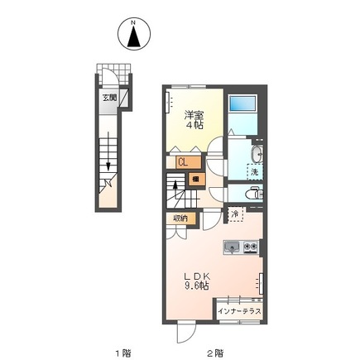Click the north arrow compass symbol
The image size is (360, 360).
[x=134, y=34]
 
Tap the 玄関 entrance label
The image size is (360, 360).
[x=109, y=98]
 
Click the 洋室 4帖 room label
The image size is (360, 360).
[x=194, y=120]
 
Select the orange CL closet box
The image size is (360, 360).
[x=189, y=162]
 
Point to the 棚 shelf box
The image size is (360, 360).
[x=197, y=179]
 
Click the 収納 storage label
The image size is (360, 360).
[x=180, y=218]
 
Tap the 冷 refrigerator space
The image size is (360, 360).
[x=235, y=214]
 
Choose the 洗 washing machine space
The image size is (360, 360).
[x=255, y=172]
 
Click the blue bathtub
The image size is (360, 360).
[x=242, y=103]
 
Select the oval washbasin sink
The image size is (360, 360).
[x=257, y=154]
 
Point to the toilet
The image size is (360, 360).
[x=254, y=194]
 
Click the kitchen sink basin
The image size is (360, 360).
[x=233, y=247]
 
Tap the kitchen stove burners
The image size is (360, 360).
[x=251, y=247]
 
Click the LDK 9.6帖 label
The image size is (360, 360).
[x=197, y=281]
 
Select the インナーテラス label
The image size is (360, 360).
[x=239, y=311]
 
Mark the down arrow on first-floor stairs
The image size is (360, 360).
[x=108, y=151]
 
